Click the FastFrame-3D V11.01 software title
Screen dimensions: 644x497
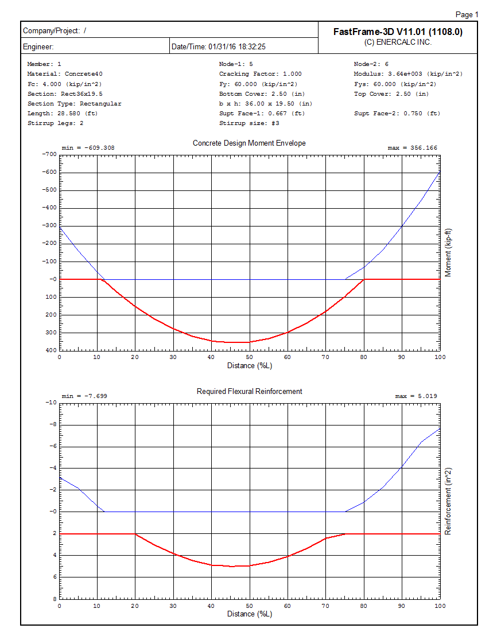click(x=398, y=32)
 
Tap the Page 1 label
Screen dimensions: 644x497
click(x=466, y=15)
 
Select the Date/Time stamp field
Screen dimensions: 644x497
click(x=219, y=46)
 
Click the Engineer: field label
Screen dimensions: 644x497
click(x=38, y=46)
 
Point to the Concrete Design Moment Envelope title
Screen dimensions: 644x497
click(x=249, y=143)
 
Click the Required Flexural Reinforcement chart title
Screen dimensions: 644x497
click(x=249, y=391)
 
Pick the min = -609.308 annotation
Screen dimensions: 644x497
click(x=88, y=148)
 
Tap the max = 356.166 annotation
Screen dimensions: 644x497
click(x=412, y=148)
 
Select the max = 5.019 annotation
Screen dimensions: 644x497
click(x=416, y=396)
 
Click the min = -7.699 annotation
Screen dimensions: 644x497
click(x=84, y=396)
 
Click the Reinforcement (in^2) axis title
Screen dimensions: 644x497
click(x=448, y=502)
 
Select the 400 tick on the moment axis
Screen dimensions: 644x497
click(x=51, y=350)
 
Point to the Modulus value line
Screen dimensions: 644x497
click(x=408, y=74)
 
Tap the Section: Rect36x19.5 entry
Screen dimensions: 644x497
click(x=65, y=93)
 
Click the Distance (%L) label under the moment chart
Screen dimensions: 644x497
click(x=249, y=365)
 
